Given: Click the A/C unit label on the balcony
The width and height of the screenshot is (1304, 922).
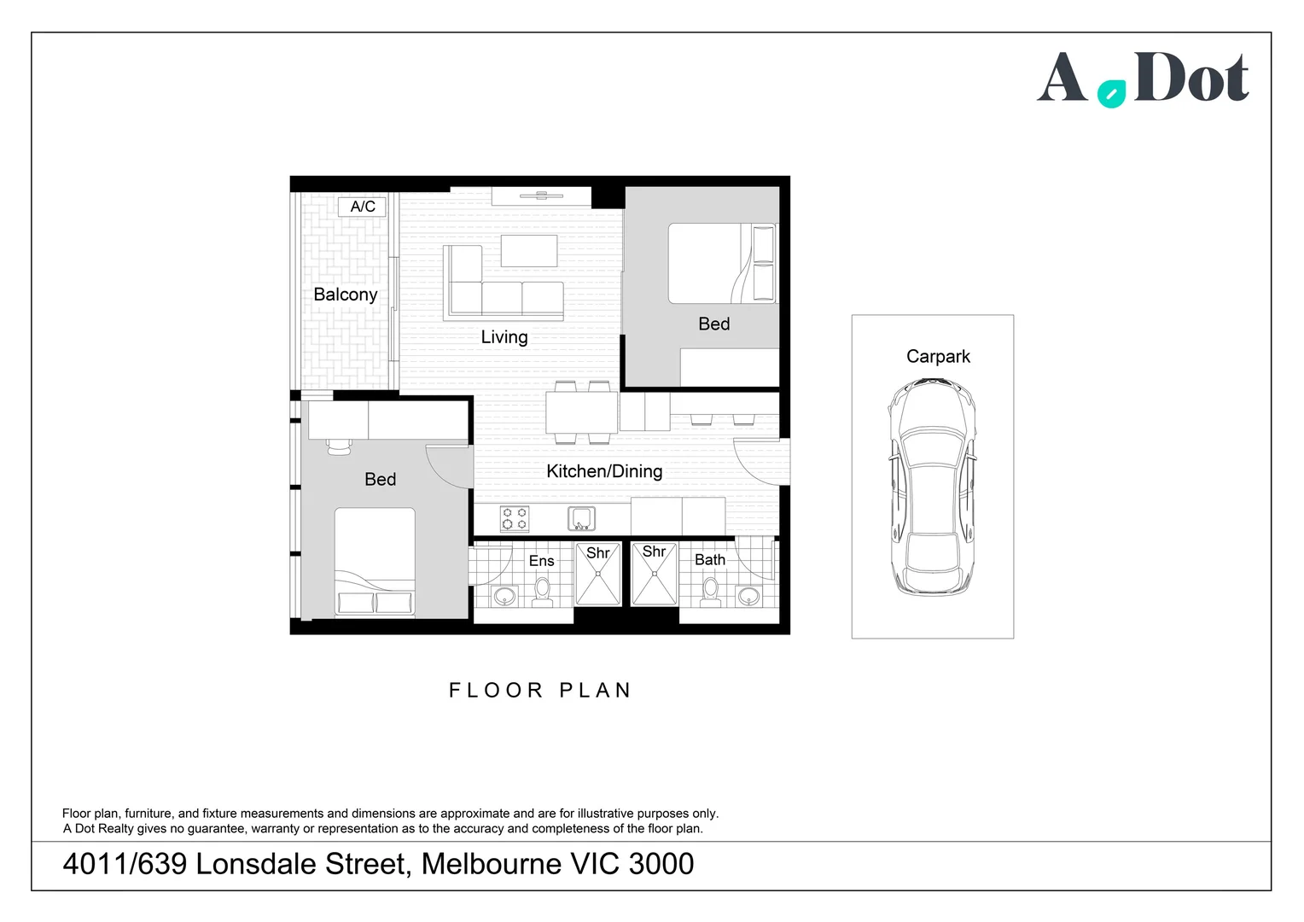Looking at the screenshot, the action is tap(362, 207).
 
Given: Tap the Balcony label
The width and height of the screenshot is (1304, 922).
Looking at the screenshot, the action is tap(346, 295).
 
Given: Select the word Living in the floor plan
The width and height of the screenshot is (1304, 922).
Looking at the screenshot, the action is tap(504, 337).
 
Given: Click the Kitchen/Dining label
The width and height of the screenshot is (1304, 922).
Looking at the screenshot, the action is tap(604, 471).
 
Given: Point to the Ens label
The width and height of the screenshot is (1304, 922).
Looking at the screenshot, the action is tap(541, 561).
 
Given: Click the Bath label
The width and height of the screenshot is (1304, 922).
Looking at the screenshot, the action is tap(710, 560).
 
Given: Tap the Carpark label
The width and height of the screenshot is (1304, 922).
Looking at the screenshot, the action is tap(938, 357).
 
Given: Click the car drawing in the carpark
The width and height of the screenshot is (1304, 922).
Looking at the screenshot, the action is tap(932, 487).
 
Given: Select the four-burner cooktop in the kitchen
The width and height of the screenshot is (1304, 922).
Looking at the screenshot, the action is tap(515, 518).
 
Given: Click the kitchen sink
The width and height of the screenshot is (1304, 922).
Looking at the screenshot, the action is tap(581, 518).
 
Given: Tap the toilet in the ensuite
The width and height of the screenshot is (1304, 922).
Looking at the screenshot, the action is tap(543, 592).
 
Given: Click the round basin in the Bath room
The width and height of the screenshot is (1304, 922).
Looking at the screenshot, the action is tap(748, 597).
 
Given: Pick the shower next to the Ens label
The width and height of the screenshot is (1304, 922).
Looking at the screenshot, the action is tap(598, 574).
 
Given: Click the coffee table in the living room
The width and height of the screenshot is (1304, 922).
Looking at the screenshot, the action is tap(529, 250).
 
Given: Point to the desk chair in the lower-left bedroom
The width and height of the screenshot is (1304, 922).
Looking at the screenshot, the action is tap(339, 446).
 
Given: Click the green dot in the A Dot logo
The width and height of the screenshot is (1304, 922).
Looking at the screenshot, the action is tap(1111, 94).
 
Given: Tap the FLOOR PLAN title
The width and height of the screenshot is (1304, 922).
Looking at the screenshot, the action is tap(539, 690).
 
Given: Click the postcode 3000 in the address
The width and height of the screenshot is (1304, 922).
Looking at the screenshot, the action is tap(661, 864).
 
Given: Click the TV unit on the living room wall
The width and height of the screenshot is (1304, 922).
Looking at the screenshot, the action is tap(541, 196).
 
